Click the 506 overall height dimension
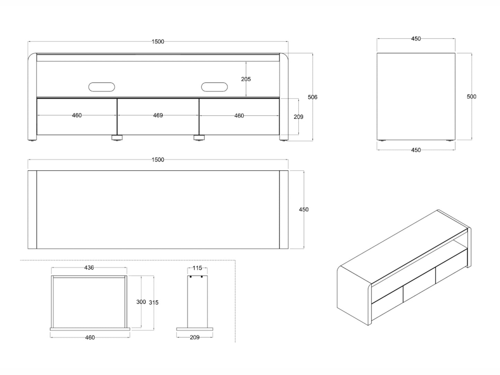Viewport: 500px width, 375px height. point(312,97)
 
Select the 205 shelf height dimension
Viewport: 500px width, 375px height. point(246,79)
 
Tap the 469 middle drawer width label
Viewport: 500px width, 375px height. point(158,116)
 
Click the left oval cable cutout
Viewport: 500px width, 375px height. point(102,87)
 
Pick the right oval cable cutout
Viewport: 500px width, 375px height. point(214,87)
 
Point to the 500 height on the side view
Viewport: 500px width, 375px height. point(471,97)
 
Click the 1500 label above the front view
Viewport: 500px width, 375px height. point(158,42)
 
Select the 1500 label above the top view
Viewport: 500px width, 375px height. point(158,160)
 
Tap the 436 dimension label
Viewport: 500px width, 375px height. point(89,268)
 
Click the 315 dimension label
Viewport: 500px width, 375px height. point(154,303)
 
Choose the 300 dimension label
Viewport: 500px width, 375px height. point(141,302)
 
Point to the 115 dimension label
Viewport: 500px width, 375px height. point(197,268)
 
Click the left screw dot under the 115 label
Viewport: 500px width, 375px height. point(190,277)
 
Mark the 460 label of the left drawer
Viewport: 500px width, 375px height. point(77,116)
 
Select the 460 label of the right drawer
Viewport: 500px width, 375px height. point(239,116)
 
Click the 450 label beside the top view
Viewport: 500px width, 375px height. point(304,210)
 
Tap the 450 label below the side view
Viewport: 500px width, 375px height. point(416,150)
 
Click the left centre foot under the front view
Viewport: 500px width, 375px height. point(117,138)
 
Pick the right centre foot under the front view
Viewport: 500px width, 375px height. point(199,138)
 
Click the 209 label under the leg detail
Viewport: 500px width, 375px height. point(194,337)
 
